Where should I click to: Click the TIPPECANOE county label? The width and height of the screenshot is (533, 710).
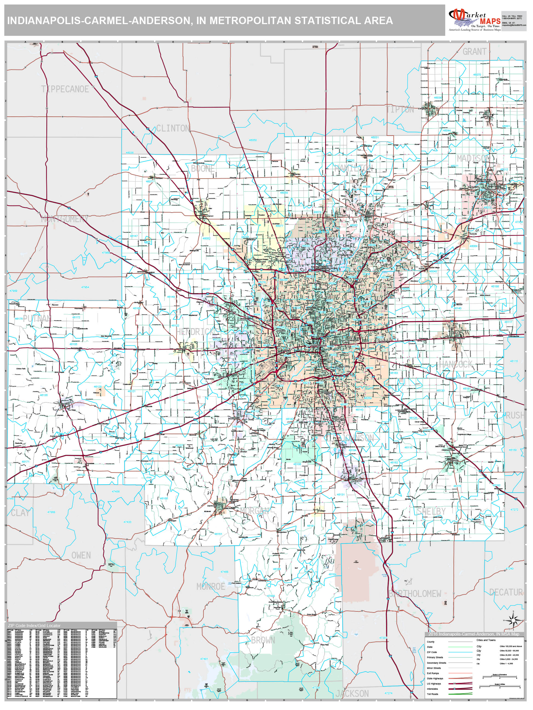pos(65,89)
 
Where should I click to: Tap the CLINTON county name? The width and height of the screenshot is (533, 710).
pos(173,128)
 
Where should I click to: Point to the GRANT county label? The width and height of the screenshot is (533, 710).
pos(474,52)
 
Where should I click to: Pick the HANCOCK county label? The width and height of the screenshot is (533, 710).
pos(456,364)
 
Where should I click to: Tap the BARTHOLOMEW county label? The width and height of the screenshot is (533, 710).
pos(415,594)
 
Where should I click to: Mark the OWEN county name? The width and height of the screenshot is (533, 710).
pos(81,555)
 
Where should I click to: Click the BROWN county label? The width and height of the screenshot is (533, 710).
pos(263,640)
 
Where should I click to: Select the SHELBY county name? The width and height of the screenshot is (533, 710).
pos(431,511)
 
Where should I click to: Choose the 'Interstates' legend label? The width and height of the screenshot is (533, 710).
pos(432,689)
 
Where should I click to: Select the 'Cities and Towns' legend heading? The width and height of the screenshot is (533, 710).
pos(486,640)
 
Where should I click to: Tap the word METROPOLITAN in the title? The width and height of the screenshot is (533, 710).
pos(250,21)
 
